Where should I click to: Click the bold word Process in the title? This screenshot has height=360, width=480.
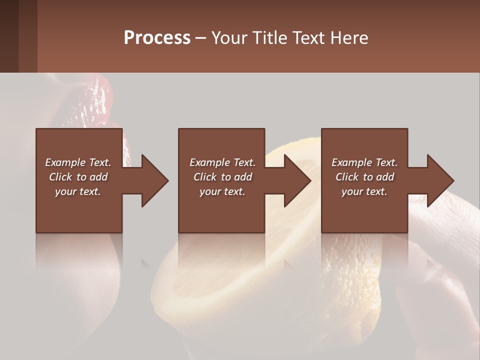157,38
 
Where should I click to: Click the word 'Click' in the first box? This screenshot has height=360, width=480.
61,177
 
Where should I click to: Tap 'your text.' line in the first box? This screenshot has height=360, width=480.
78,191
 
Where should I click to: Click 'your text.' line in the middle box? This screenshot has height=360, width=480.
222,191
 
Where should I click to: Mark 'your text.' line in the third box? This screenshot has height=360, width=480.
364,191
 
